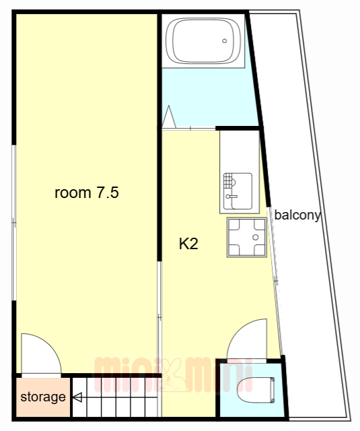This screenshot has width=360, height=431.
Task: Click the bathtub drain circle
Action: [224, 40]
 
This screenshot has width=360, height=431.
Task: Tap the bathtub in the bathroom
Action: [203, 40]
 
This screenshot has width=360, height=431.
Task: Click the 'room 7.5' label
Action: [87, 193]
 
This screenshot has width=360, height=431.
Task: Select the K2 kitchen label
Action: [188, 244]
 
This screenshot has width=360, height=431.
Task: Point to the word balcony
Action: [297, 215]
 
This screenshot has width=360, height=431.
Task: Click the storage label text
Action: [43, 397]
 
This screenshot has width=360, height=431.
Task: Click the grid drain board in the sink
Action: [227, 180]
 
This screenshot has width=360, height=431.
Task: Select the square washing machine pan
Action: [247, 237]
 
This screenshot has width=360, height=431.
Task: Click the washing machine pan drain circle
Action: [256, 237]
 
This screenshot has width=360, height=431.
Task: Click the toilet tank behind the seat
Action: [273, 391]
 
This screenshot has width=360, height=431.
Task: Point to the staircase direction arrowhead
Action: [77, 397]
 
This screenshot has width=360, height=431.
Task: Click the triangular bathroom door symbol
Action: [169, 117]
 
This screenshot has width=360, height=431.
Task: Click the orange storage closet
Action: [43, 397]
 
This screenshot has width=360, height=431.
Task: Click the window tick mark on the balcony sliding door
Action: [276, 281]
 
